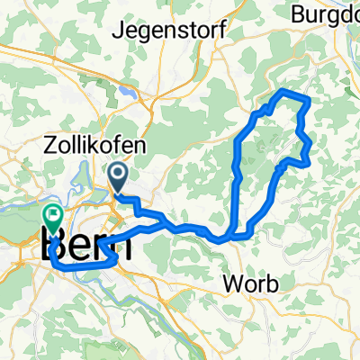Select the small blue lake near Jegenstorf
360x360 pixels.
[132, 91]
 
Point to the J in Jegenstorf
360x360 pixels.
[115, 31]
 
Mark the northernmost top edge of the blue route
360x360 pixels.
[286, 93]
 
